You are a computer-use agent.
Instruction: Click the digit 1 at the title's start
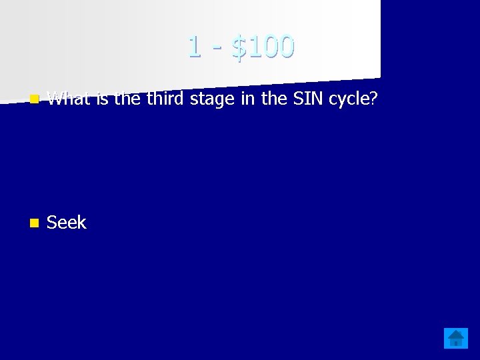pyautogui.click(x=194, y=47)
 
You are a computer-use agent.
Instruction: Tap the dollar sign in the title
pyautogui.click(x=238, y=47)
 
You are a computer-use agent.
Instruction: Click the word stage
pyautogui.click(x=211, y=100)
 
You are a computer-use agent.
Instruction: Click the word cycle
pyautogui.click(x=349, y=100)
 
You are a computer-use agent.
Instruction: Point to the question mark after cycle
pyautogui.click(x=374, y=99)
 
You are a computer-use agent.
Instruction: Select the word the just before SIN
pyautogui.click(x=271, y=99)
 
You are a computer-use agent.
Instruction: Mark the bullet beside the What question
pyautogui.click(x=34, y=99)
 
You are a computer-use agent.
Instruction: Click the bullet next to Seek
pyautogui.click(x=34, y=223)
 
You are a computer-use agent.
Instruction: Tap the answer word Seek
pyautogui.click(x=67, y=223)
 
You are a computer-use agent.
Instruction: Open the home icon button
pyautogui.click(x=456, y=339)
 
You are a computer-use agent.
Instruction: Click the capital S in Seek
pyautogui.click(x=52, y=223)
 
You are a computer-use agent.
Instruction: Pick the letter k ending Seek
pyautogui.click(x=82, y=223)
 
